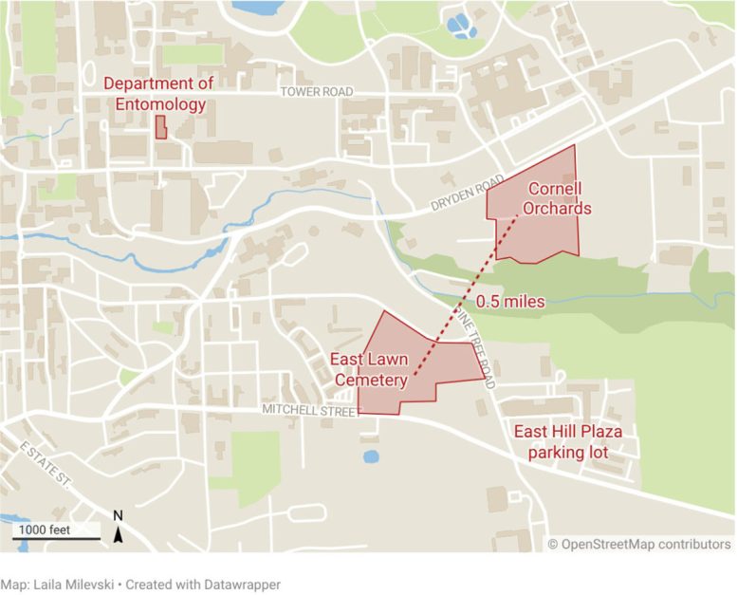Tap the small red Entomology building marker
point(161,128)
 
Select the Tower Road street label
point(316,92)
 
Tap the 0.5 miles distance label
point(510,303)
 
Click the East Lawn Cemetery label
point(368,370)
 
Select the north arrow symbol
point(119,535)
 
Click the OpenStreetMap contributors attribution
point(640,544)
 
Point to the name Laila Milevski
point(79,585)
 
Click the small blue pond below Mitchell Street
point(371,456)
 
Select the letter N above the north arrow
point(119,516)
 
